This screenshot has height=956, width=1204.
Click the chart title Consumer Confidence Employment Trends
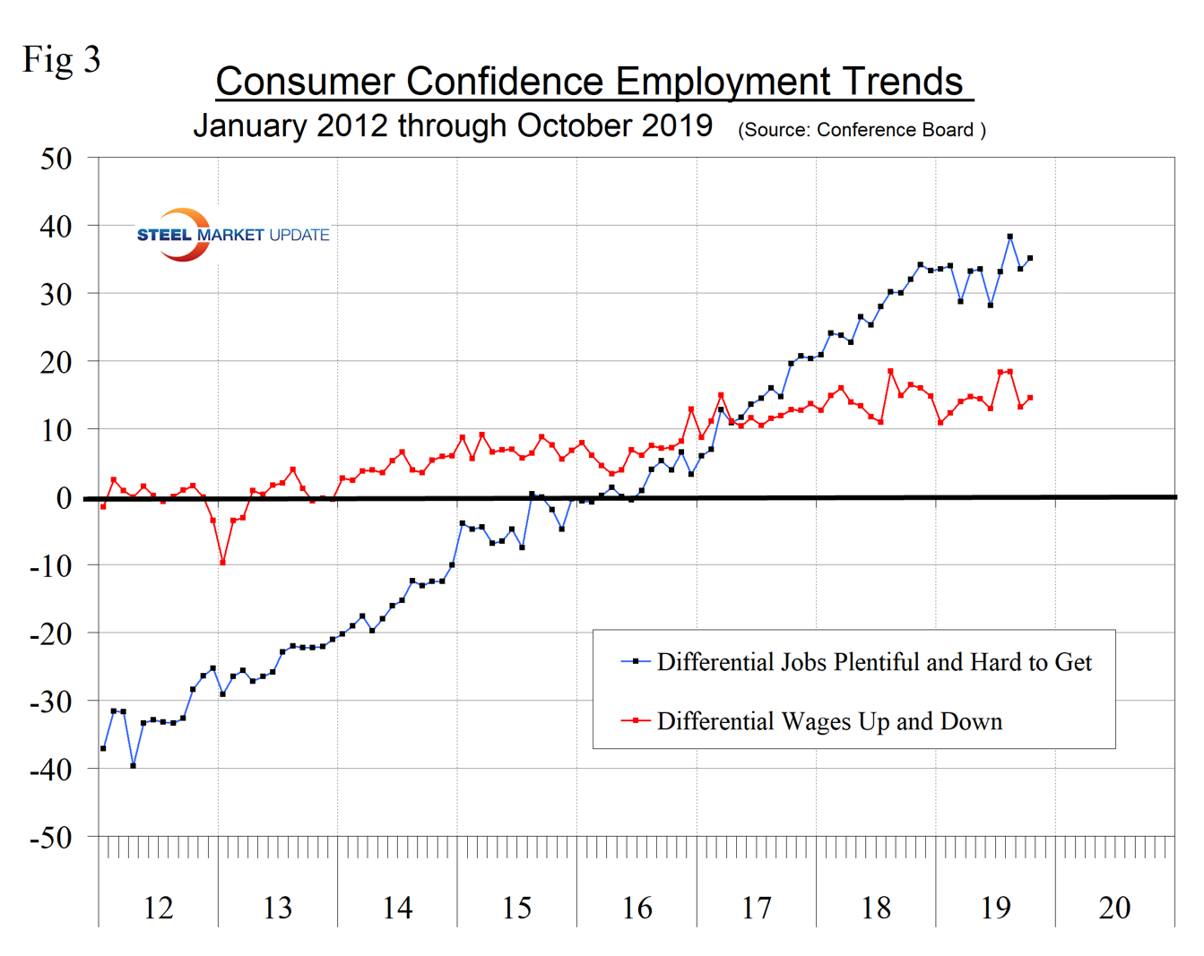tap(593, 82)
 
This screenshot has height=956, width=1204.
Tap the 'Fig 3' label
tap(61, 60)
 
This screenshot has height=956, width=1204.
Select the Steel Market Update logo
tap(232, 235)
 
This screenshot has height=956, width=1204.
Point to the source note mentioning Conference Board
tap(862, 130)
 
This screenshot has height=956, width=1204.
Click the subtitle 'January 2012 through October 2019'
tap(453, 125)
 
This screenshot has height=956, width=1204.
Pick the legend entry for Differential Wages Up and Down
tap(829, 721)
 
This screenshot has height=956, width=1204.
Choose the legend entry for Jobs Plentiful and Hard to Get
tap(874, 662)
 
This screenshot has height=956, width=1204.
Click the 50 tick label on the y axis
tap(56, 159)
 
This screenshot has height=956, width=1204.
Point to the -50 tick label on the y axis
tap(50, 838)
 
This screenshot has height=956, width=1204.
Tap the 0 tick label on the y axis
tap(63, 498)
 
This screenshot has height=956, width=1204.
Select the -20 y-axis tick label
tap(50, 634)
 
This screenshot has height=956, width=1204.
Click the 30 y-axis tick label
tap(56, 295)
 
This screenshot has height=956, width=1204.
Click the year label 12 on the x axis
tap(158, 908)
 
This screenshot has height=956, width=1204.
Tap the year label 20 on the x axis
tap(1114, 908)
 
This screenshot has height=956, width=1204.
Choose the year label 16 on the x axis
tap(637, 908)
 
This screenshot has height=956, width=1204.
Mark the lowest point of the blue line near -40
tap(134, 765)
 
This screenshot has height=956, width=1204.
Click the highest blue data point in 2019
tap(1010, 237)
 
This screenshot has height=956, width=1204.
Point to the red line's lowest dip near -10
tap(222, 563)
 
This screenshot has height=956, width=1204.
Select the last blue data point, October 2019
tap(1030, 258)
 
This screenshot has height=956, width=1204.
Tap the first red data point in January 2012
tap(103, 506)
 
